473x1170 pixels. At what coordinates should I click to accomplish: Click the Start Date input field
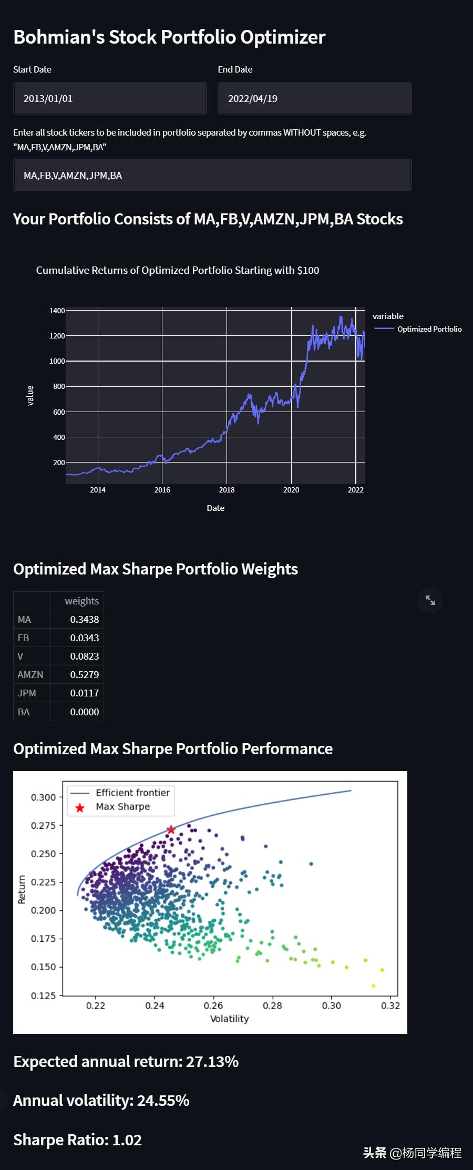(x=109, y=98)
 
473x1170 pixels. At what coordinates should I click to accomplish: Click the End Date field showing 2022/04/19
(x=314, y=98)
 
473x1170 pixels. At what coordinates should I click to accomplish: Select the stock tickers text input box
(x=212, y=176)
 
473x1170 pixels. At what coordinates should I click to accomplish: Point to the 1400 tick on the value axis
(x=57, y=311)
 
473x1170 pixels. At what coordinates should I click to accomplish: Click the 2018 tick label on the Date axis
(x=227, y=490)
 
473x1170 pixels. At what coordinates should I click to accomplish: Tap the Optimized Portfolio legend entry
(x=429, y=329)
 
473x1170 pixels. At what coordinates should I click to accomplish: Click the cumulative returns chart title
(x=178, y=270)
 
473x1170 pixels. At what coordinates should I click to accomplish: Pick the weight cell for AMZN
(x=84, y=675)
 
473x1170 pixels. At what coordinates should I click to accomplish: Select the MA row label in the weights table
(x=25, y=620)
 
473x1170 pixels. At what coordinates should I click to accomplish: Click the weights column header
(x=81, y=601)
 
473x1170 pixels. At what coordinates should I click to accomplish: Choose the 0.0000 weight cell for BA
(x=84, y=712)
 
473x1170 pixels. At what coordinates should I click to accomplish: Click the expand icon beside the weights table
(x=430, y=600)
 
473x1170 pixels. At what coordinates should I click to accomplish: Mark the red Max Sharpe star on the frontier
(x=171, y=830)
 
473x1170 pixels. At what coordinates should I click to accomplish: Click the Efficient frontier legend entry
(x=132, y=793)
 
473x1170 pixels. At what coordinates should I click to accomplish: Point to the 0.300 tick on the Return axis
(x=43, y=797)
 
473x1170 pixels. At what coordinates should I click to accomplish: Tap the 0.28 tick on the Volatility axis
(x=272, y=1006)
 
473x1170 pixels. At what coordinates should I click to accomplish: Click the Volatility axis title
(x=229, y=1019)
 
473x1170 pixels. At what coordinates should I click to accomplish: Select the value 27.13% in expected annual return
(x=212, y=1062)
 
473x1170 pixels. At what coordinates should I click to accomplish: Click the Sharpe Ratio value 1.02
(x=127, y=1140)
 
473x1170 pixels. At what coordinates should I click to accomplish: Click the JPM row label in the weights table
(x=27, y=693)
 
